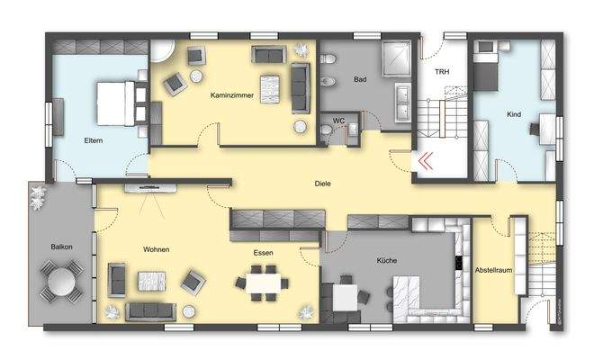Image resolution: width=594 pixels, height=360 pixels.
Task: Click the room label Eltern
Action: [x=93, y=141]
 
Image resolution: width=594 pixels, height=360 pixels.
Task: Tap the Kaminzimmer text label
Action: [x=231, y=94]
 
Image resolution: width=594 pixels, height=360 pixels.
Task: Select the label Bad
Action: [x=360, y=80]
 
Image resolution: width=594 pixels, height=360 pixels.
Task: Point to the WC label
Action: [x=338, y=120]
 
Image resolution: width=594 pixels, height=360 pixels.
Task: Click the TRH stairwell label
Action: [x=442, y=72]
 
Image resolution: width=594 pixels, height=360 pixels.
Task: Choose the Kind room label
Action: [x=514, y=116]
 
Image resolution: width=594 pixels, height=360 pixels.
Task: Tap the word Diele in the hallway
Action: [x=322, y=184]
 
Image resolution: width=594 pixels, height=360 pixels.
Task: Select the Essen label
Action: [x=263, y=254]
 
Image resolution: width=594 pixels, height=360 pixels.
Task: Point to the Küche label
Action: [x=387, y=261]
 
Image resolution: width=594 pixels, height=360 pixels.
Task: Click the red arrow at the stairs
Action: [x=424, y=162]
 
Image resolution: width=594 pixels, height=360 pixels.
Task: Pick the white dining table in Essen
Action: [x=263, y=283]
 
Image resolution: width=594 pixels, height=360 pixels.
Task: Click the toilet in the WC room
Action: [x=326, y=131]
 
